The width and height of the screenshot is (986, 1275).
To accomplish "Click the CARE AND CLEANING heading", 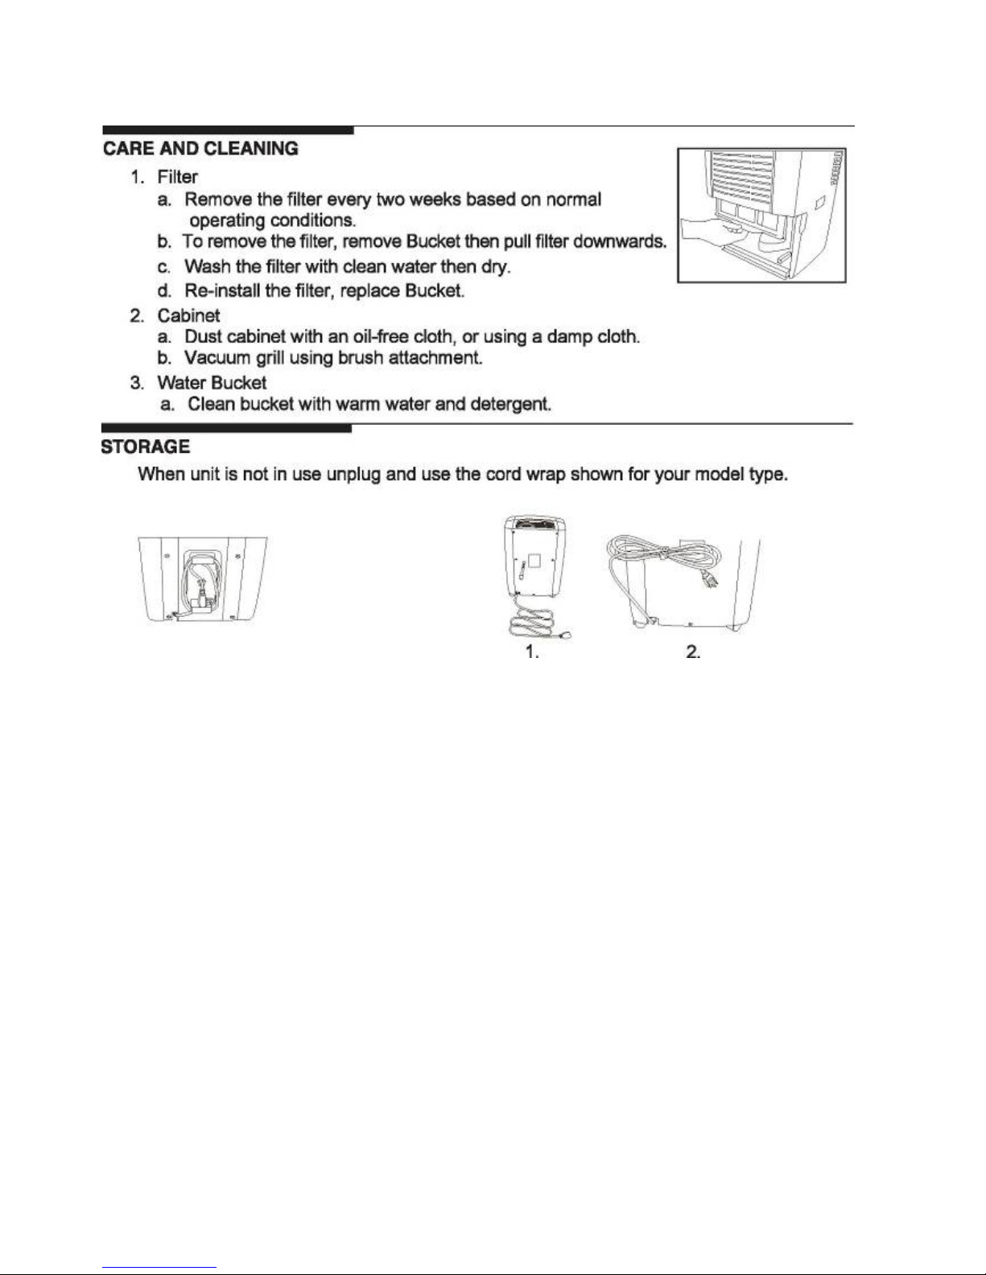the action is click(x=200, y=149).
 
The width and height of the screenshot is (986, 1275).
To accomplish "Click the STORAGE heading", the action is click(x=146, y=446).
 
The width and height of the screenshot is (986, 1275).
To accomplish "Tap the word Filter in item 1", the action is click(x=177, y=177).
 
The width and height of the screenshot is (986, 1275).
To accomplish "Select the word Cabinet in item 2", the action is click(x=188, y=315).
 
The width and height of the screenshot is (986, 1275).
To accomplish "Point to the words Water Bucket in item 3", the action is click(x=212, y=383).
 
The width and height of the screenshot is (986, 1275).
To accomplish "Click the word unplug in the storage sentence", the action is click(x=353, y=474).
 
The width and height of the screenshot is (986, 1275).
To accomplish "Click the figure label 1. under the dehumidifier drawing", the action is click(x=532, y=652).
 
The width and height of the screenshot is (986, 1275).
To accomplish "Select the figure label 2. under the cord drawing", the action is click(x=693, y=652).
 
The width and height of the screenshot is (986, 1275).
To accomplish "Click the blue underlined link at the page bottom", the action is click(x=159, y=1269).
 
